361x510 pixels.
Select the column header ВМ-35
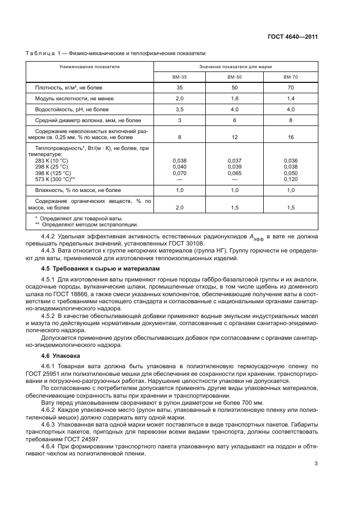point(180,77)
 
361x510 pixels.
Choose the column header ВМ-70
point(291,77)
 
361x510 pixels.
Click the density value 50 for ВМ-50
point(235,88)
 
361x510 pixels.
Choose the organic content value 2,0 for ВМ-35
point(180,208)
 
